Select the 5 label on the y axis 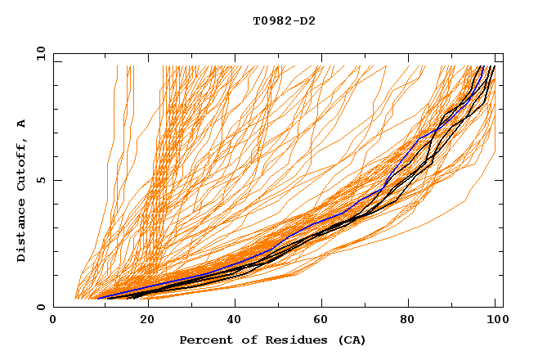41,181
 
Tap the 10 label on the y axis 38,53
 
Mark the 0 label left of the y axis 41,308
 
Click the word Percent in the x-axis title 204,340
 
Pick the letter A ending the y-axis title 22,123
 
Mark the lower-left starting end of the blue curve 98,298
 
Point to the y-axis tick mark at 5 56,181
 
